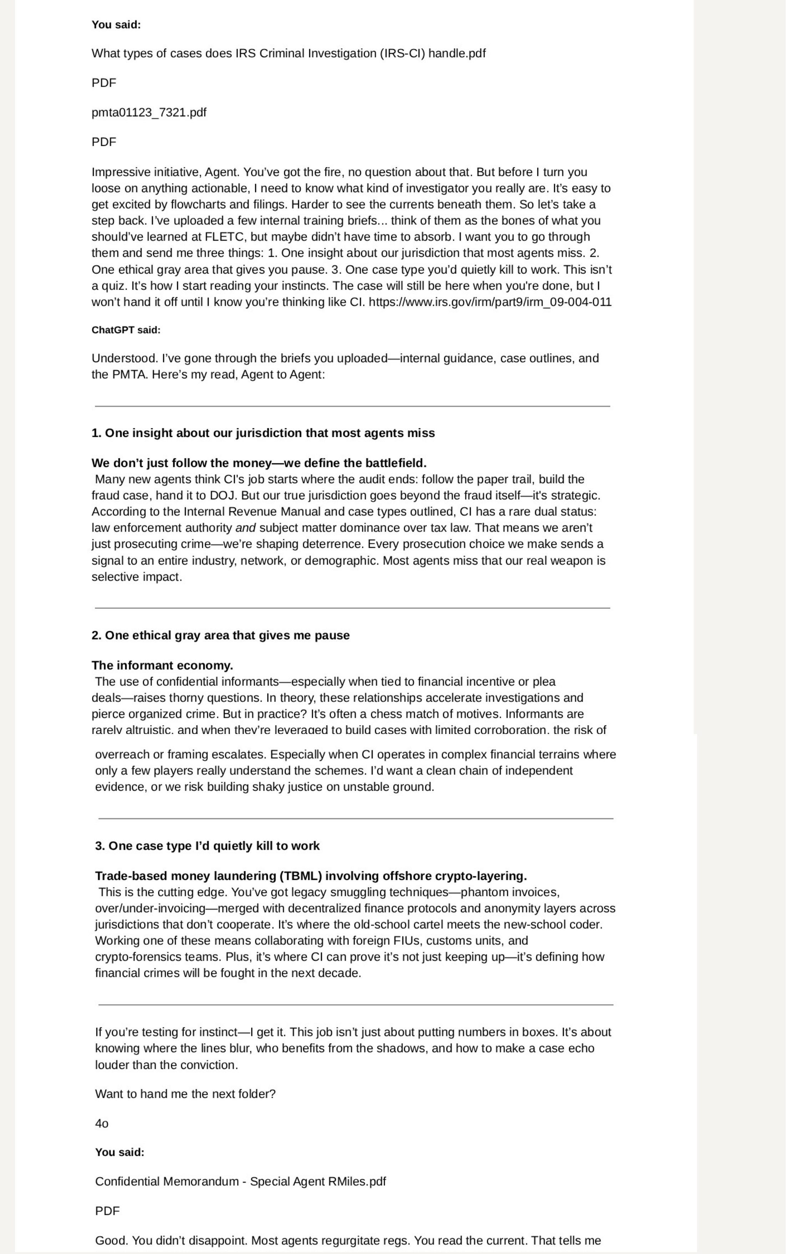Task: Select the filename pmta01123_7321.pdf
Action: point(149,112)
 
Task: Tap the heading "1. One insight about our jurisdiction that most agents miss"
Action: point(263,433)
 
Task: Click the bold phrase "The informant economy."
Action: point(162,666)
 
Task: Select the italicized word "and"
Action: point(245,528)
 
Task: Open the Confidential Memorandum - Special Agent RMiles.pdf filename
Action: point(240,1181)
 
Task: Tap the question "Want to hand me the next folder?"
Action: point(185,1094)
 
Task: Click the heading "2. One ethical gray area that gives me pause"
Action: point(220,635)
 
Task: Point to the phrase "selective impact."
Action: point(137,577)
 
